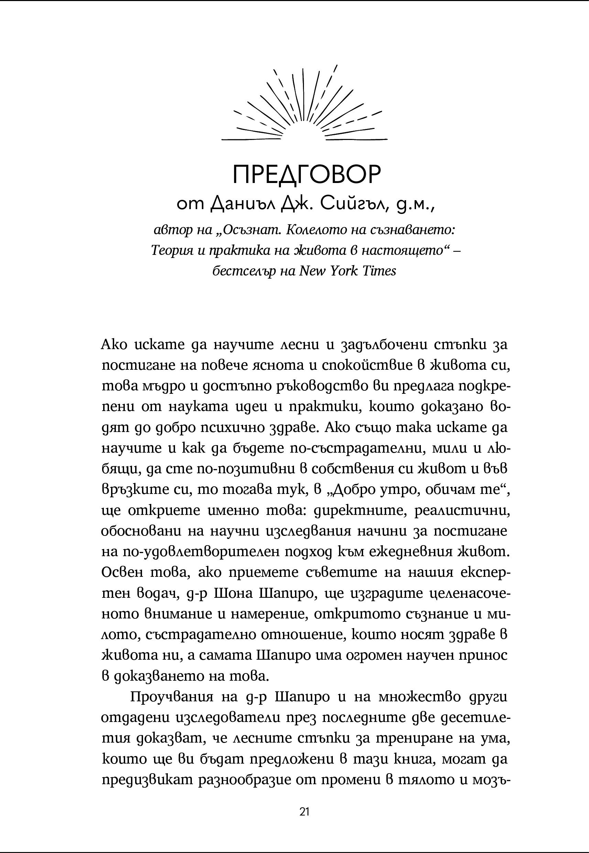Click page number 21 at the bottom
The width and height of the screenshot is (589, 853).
tap(305, 801)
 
